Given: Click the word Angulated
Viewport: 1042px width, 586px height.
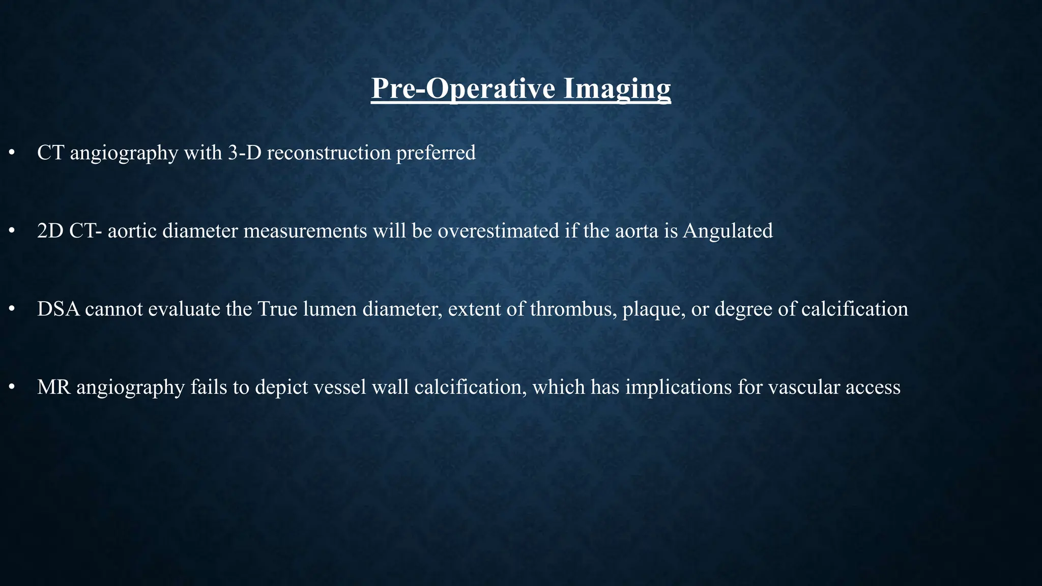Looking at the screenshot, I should (728, 231).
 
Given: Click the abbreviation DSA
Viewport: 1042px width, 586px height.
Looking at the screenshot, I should (59, 309).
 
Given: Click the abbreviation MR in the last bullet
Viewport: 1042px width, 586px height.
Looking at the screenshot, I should (53, 388).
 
